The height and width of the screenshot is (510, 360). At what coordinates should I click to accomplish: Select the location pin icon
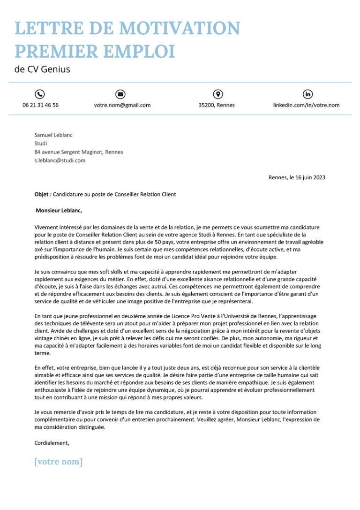(x=217, y=94)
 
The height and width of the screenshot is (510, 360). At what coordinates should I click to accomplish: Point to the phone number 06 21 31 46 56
(x=40, y=105)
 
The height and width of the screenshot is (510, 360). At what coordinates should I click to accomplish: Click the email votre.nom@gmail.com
(x=122, y=105)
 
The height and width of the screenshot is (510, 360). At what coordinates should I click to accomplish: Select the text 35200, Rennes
(x=217, y=105)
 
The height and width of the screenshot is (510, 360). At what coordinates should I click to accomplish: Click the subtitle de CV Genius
(x=42, y=69)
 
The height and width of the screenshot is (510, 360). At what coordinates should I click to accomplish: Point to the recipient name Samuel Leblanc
(x=53, y=135)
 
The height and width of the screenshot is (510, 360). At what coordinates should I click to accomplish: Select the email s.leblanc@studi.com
(x=60, y=160)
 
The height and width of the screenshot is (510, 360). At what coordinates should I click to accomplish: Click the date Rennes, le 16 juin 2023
(x=297, y=177)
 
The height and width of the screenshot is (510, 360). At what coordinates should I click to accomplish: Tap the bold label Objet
(x=43, y=194)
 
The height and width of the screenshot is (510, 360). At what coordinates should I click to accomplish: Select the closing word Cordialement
(x=52, y=443)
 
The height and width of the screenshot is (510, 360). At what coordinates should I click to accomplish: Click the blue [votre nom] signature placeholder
(x=59, y=462)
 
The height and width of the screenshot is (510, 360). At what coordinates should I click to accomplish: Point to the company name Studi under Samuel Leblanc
(x=41, y=144)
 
